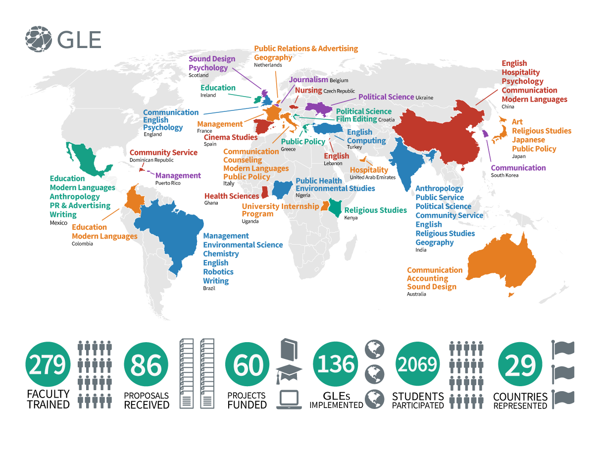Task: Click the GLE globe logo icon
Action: pyautogui.click(x=39, y=39)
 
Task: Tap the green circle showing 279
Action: pyautogui.click(x=47, y=365)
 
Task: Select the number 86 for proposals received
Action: pyautogui.click(x=146, y=365)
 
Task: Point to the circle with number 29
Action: pyautogui.click(x=520, y=365)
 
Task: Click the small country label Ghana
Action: pyautogui.click(x=211, y=203)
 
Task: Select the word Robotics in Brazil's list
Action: pyautogui.click(x=218, y=272)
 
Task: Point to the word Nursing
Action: pyautogui.click(x=308, y=91)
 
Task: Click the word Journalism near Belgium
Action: pyautogui.click(x=308, y=80)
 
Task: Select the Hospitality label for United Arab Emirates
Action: pyautogui.click(x=369, y=170)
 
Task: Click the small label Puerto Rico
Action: pyautogui.click(x=168, y=183)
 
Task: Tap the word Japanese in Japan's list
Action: pyautogui.click(x=528, y=140)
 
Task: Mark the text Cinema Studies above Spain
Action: pyautogui.click(x=231, y=137)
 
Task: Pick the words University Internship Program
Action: pyautogui.click(x=280, y=210)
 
